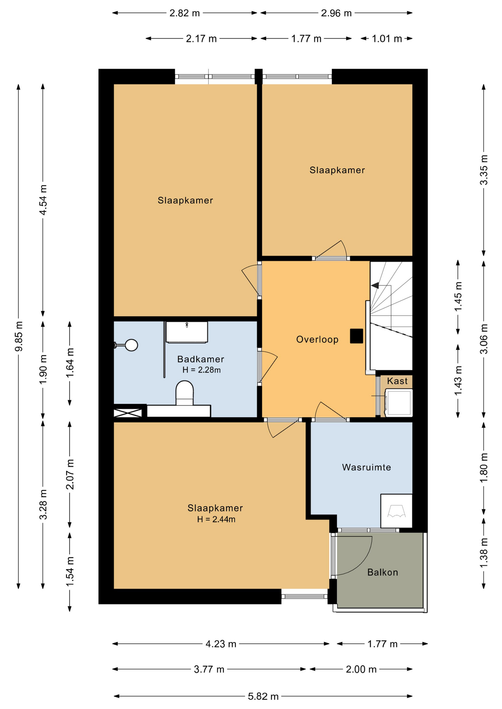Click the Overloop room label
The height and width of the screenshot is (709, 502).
[x=317, y=339]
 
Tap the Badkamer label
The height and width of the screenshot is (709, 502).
[x=201, y=359]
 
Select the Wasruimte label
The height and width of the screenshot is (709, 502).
[x=366, y=467]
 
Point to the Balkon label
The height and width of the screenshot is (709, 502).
[x=383, y=572]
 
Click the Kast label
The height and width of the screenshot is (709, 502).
[x=397, y=381]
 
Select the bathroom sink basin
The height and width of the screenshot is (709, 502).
[x=187, y=332]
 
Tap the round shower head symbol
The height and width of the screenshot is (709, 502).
[x=132, y=345]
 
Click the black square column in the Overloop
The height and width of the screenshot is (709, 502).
[x=356, y=336]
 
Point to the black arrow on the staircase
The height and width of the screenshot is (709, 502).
[x=375, y=285]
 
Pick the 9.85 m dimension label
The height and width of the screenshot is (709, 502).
[x=19, y=336]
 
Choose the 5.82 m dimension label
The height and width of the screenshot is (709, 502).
[x=263, y=696]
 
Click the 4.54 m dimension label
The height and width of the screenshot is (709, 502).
[x=43, y=200]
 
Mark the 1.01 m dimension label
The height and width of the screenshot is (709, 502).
[x=387, y=39]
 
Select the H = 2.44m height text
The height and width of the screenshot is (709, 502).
[x=216, y=519]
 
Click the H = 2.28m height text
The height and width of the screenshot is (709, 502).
[x=201, y=370]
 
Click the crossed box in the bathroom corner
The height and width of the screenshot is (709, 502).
[x=128, y=413]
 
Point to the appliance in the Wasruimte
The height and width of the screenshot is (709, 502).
[x=396, y=511]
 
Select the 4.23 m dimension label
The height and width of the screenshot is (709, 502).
[x=221, y=644]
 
